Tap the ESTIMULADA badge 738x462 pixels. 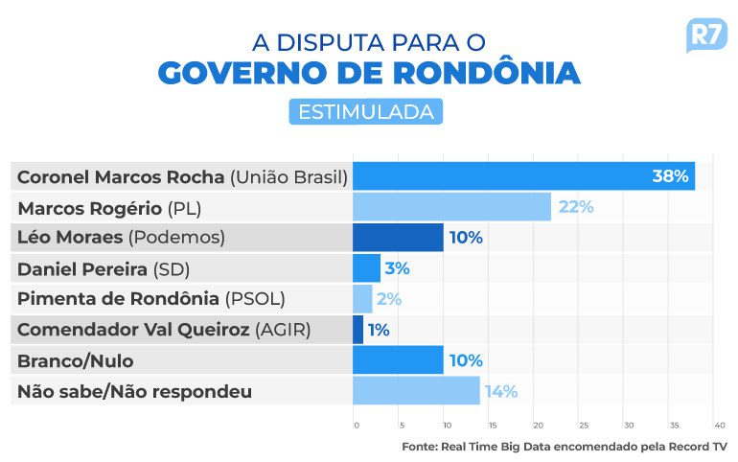coord(365,111)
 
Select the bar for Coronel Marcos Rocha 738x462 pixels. coord(523,176)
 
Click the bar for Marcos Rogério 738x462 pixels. coord(451,207)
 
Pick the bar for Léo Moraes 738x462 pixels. coord(398,238)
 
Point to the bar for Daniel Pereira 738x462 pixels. coord(366,268)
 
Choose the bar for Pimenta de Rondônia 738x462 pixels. coord(362,299)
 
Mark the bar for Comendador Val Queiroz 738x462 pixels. coord(358,330)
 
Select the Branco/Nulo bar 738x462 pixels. coord(398,360)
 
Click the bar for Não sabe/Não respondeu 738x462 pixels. coord(416,391)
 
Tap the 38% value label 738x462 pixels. coord(670,176)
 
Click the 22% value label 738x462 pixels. coord(576,207)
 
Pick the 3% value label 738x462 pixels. coord(396,268)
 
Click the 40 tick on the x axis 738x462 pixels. coord(719,424)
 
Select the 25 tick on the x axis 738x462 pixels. coord(583,424)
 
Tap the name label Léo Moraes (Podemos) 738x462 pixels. coord(121,238)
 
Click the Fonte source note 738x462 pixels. coord(564,446)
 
